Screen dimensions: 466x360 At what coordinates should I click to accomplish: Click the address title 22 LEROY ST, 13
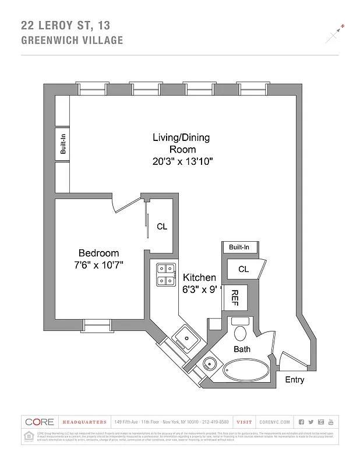pos(65,25)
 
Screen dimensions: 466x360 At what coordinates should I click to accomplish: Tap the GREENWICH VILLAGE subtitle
pos(72,40)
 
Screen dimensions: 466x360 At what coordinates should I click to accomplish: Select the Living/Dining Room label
pos(181,143)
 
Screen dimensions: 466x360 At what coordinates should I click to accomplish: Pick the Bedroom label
pos(98,253)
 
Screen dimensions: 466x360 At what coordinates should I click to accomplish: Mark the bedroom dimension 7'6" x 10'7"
pos(98,265)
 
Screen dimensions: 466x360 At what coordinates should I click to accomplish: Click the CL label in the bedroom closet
pos(161,227)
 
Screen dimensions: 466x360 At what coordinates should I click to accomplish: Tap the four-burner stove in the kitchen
pos(166,274)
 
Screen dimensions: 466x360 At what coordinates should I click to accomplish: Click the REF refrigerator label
pos(236,297)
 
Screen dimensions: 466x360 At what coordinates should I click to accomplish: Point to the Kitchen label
pos(199,278)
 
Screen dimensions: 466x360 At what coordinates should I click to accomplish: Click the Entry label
pos(294,380)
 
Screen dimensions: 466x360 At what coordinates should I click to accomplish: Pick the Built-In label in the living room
pos(62,144)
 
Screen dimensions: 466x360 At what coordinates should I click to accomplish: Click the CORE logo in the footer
pos(39,422)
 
